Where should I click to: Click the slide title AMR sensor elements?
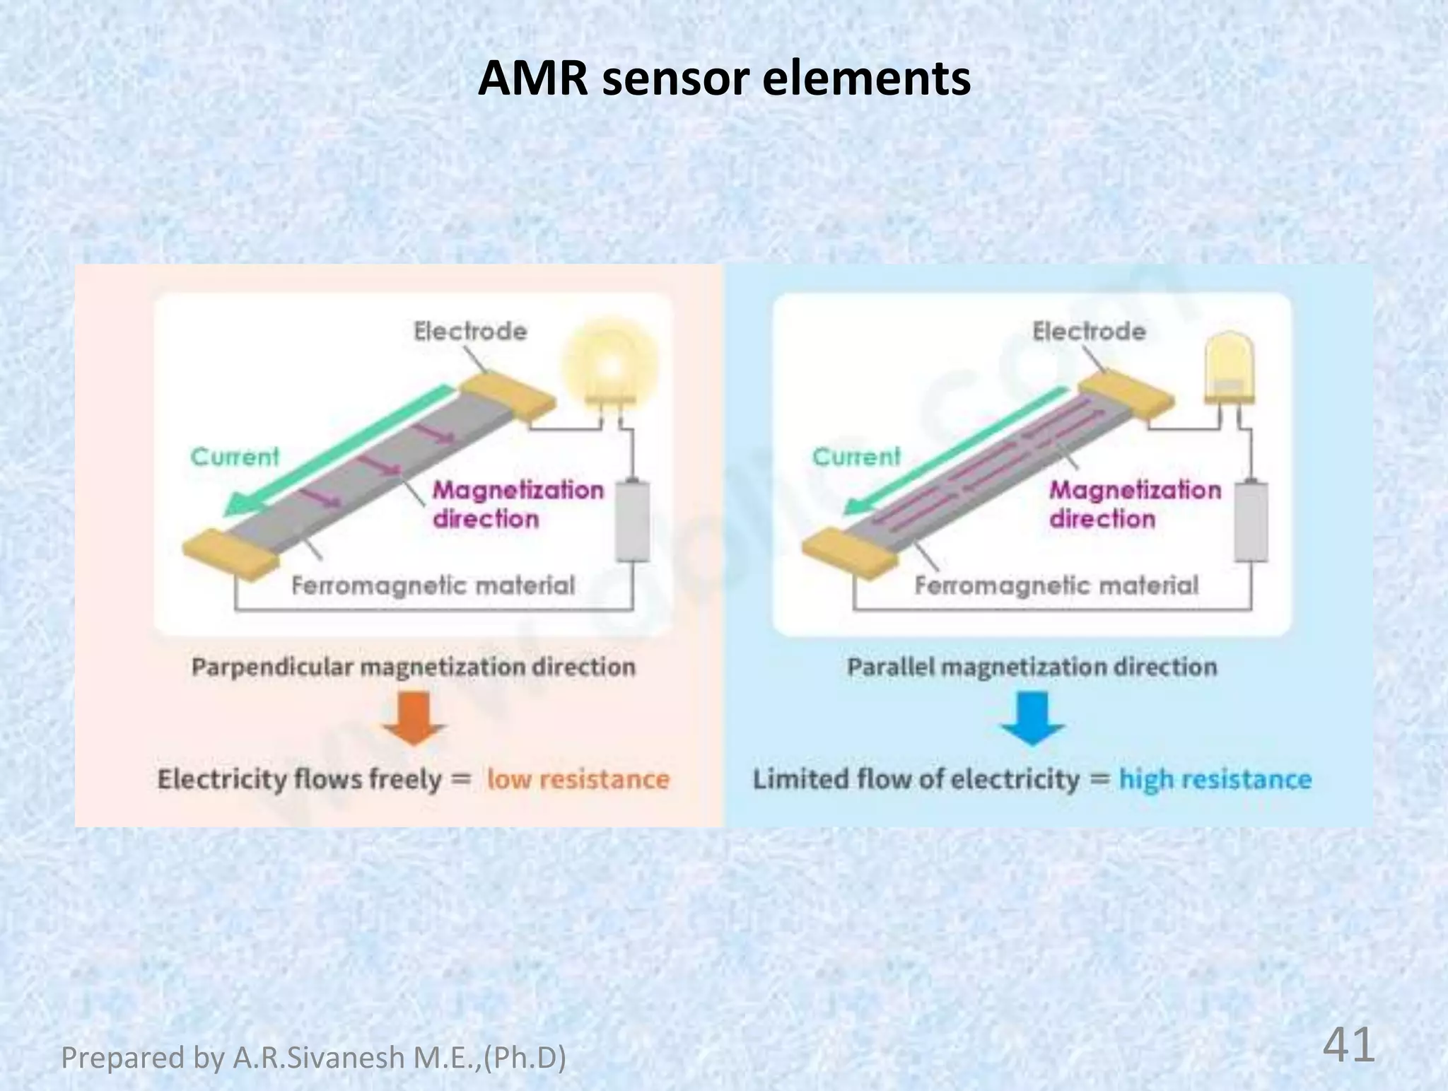tap(724, 78)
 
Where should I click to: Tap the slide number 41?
tap(1348, 1045)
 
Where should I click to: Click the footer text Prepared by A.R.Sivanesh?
tap(313, 1058)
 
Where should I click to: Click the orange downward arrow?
tap(414, 718)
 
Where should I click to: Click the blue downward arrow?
tap(1033, 718)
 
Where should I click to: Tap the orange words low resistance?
tap(578, 779)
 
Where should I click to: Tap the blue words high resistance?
tap(1215, 779)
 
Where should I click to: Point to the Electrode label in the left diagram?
tap(470, 331)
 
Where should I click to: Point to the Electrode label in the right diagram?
tap(1089, 331)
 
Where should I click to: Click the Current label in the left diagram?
tap(235, 457)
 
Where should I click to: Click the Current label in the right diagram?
tap(856, 457)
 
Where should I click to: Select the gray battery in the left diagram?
tap(633, 522)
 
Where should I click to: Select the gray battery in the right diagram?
tap(1251, 522)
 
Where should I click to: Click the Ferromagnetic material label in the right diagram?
tap(1056, 585)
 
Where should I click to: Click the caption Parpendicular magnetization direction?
tap(414, 667)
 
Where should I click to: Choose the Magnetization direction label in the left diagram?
tap(518, 504)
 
